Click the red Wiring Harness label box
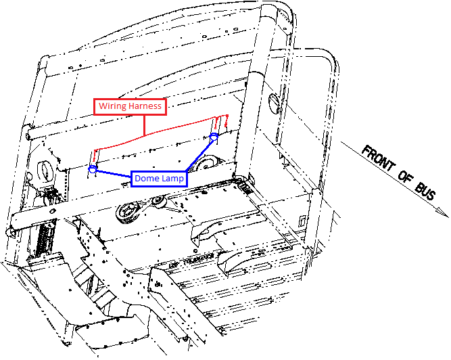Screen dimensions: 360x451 coord(130,106)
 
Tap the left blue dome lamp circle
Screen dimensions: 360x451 coord(93,168)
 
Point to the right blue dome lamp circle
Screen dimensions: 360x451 coord(214,139)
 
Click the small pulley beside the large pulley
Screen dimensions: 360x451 coord(160,201)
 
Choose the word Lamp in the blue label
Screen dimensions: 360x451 coord(173,179)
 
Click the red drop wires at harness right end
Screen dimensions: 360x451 coord(220,124)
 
